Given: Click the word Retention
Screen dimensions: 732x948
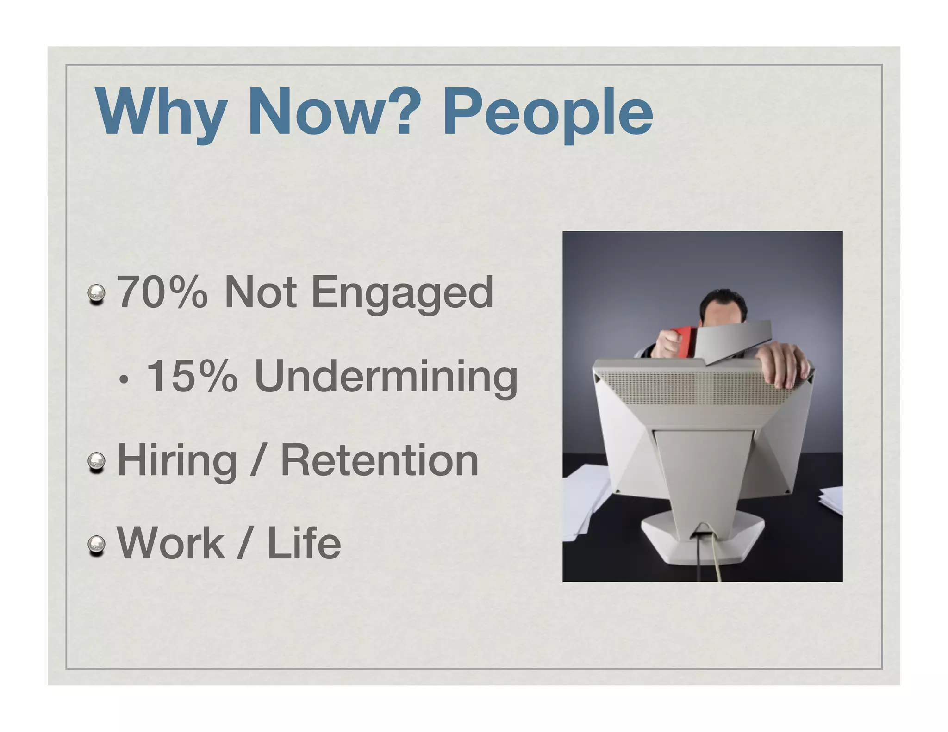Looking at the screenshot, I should coord(380,460).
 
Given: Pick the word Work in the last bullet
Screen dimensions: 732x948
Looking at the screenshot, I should coord(170,543).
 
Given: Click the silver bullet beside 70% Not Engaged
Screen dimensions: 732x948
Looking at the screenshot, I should coord(97,294).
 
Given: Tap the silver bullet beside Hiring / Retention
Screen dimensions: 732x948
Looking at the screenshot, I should coord(97,462).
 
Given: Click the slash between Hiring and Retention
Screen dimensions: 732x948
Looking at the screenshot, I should coord(257,461).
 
